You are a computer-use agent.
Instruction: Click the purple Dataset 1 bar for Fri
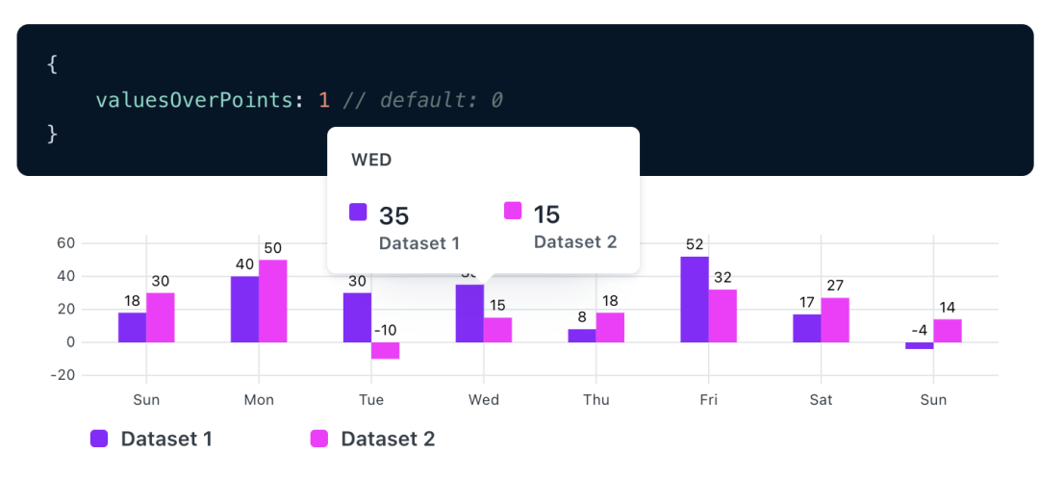pos(695,299)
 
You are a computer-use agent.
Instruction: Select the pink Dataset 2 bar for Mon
pos(273,301)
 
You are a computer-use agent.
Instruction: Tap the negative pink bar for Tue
pos(386,351)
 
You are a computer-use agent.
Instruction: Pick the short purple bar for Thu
pos(582,336)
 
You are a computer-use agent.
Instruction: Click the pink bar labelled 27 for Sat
pos(835,320)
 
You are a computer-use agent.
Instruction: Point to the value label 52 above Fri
pos(695,245)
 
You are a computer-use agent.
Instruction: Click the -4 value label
pos(919,331)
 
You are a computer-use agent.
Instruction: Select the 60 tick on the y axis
pos(65,243)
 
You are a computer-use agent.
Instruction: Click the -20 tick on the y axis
pos(62,375)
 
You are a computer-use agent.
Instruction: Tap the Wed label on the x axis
pos(484,400)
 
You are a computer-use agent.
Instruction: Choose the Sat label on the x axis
pos(821,400)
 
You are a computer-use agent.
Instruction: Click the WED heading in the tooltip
pos(371,160)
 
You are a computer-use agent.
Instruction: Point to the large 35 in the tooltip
pos(394,215)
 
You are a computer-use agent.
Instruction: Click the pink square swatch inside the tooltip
pos(513,211)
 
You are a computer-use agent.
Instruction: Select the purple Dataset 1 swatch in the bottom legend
pos(99,439)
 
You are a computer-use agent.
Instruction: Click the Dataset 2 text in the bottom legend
pos(388,440)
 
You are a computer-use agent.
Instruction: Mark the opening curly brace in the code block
pos(52,65)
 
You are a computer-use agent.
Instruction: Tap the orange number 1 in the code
pos(324,100)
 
